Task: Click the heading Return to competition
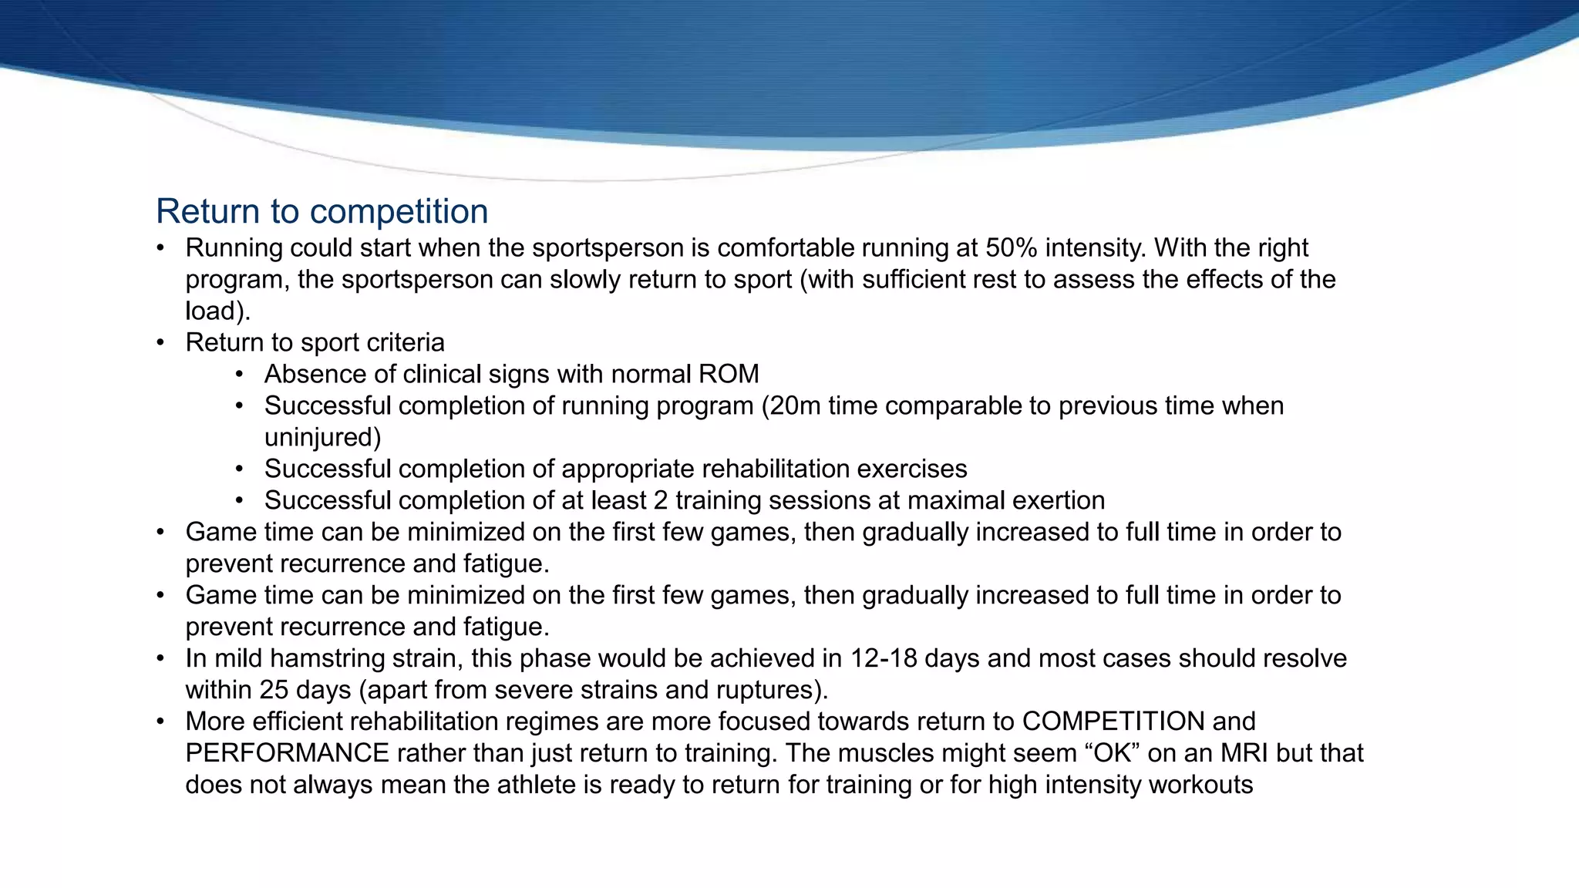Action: tap(322, 211)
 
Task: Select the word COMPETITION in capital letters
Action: tap(1113, 721)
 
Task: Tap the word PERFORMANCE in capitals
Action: tap(287, 753)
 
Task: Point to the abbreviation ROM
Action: tap(729, 375)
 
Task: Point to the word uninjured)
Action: tap(322, 438)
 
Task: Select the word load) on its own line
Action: tap(218, 311)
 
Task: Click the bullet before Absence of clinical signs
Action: tap(240, 375)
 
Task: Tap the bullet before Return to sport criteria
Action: tap(160, 343)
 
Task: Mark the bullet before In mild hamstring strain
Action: tap(160, 658)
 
